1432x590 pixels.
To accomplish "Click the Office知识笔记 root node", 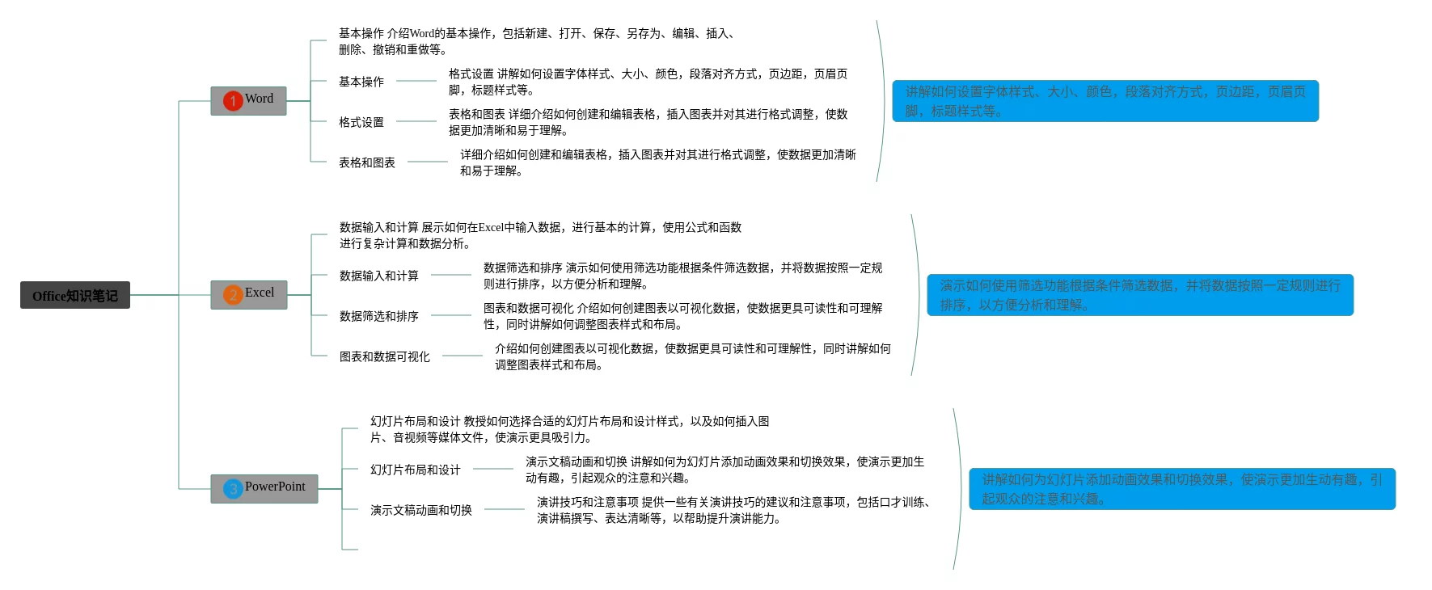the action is [75, 295].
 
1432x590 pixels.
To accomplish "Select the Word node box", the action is [248, 100].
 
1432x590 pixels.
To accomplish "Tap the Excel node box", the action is [249, 294].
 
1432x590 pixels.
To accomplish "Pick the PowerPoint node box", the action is [264, 488].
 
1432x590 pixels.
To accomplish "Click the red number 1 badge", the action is [233, 101].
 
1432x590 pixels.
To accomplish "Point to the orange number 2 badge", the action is [233, 295].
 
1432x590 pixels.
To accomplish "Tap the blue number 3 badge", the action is [233, 489].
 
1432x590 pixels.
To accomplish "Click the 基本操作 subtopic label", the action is [361, 82].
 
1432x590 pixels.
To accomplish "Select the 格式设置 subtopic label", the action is [361, 122].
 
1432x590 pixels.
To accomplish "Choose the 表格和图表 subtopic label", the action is [367, 162].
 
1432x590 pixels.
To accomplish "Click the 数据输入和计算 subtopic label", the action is [379, 276].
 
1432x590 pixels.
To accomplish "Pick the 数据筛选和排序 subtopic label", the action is [379, 316].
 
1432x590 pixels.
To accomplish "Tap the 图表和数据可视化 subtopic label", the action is [385, 356].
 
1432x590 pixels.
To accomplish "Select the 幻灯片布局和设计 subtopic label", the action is [416, 470].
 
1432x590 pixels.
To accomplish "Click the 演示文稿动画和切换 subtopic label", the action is [421, 510].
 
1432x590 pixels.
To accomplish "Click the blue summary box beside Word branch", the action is [1105, 101].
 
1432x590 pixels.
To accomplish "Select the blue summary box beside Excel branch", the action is [1139, 295].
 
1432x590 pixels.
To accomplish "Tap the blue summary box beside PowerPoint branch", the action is [1181, 489].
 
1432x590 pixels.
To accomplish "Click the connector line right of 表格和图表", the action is [427, 162].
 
